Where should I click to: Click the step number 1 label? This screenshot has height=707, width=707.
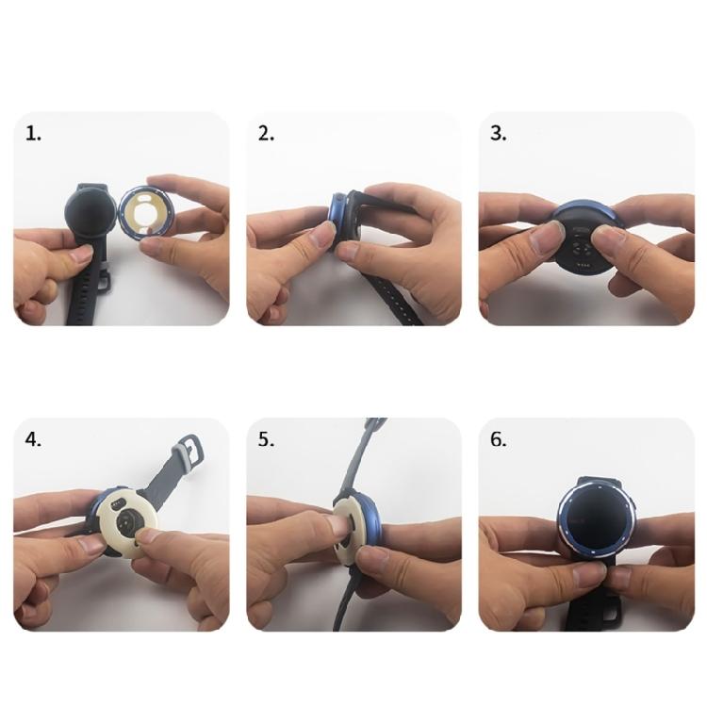click(34, 134)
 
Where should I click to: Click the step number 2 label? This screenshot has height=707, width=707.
click(266, 134)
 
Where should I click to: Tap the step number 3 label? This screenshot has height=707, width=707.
click(499, 134)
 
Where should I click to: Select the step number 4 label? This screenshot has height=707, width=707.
click(34, 440)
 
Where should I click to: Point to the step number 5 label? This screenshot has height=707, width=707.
click(266, 440)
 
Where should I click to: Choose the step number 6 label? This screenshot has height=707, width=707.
click(499, 440)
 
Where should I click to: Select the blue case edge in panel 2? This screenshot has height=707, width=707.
click(335, 220)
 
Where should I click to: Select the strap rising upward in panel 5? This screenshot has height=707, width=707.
click(362, 452)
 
